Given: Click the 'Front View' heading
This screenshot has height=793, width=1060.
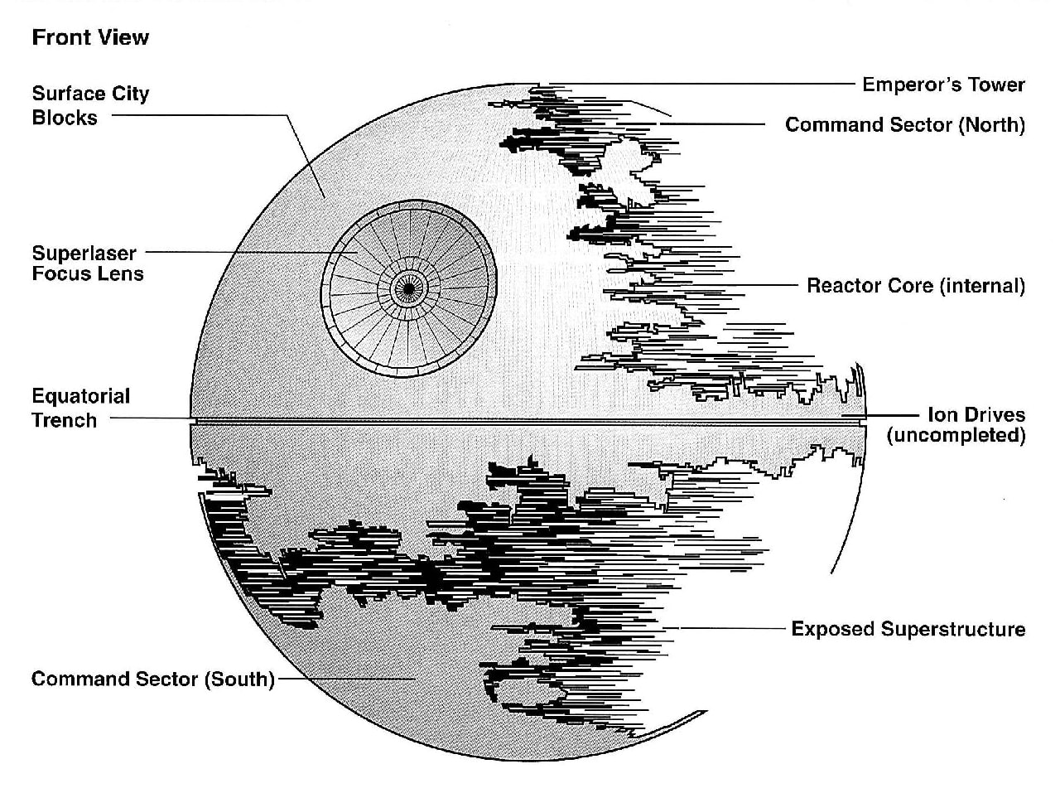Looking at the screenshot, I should [90, 37].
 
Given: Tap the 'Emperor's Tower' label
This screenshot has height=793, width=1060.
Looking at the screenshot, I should [943, 85].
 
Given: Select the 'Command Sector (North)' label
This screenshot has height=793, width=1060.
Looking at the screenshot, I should [905, 125].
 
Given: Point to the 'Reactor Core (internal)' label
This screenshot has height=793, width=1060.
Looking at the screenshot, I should [916, 286].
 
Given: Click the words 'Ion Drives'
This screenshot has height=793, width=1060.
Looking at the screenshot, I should [976, 414].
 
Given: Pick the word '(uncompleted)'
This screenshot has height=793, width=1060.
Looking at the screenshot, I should [956, 435].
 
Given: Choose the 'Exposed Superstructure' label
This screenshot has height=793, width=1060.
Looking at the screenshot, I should [908, 629].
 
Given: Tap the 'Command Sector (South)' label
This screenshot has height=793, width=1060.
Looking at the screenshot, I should [153, 679].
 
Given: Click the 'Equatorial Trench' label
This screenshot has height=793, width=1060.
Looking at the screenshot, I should [81, 408].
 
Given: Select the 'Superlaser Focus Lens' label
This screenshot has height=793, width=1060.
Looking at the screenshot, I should [88, 264].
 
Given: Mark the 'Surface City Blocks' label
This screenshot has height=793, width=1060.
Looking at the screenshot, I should [90, 105].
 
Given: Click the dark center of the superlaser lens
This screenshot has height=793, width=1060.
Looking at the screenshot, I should [407, 288].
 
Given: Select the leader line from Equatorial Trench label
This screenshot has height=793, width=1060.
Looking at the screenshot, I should [149, 418].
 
